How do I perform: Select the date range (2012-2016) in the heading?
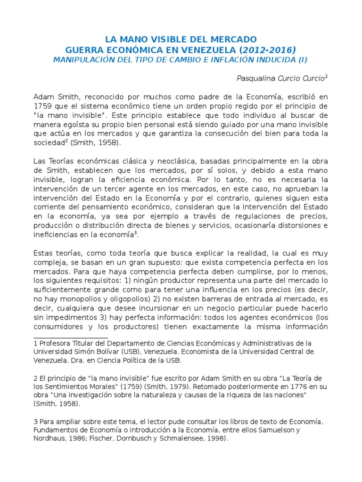coord(267,49)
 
